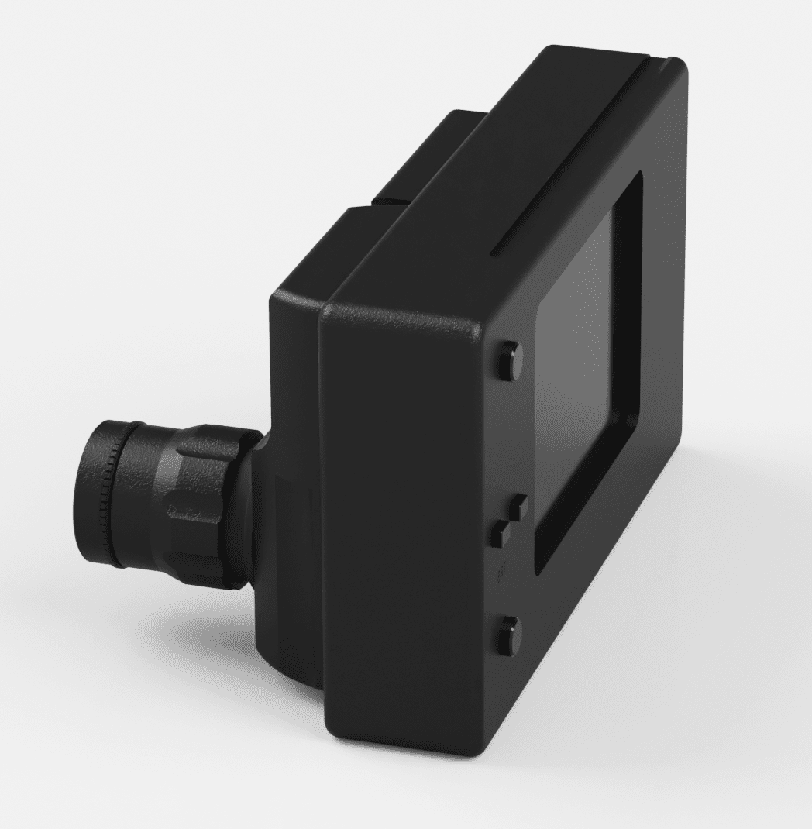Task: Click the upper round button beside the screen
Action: (512, 359)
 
